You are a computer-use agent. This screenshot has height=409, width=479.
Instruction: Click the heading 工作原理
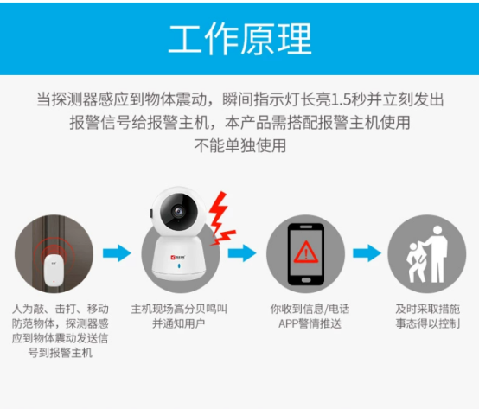[239, 39]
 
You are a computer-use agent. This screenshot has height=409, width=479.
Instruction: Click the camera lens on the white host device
[177, 211]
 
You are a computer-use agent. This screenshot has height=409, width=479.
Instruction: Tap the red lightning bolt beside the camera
[220, 219]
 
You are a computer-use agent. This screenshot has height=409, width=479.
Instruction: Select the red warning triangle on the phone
[306, 252]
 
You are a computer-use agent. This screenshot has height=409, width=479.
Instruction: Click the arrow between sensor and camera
[117, 252]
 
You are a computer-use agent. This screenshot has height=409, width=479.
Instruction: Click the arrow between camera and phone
[242, 252]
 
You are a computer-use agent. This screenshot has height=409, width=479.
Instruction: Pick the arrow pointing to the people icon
[367, 252]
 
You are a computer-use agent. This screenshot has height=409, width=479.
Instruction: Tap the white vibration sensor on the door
[54, 270]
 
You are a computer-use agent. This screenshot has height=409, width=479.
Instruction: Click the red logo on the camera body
[173, 258]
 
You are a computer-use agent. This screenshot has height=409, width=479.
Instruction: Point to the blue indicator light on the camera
[179, 265]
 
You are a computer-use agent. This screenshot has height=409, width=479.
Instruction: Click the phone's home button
[306, 280]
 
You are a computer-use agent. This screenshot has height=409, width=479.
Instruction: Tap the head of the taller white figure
[437, 230]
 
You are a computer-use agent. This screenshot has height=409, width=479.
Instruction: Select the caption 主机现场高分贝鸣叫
[179, 309]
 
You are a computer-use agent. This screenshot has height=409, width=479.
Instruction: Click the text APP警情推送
[310, 323]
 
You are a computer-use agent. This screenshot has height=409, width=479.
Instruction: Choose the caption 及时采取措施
[428, 309]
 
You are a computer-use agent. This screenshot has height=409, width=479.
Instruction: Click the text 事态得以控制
[428, 323]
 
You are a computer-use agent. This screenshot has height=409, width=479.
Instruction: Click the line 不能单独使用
[240, 145]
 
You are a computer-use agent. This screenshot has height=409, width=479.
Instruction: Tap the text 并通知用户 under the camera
[179, 323]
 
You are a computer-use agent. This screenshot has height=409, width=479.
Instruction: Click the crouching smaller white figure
[416, 262]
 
